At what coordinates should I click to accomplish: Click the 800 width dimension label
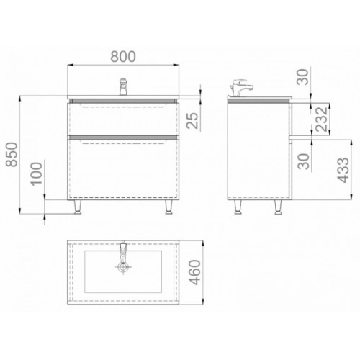point(123,57)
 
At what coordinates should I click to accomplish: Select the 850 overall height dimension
point(12,155)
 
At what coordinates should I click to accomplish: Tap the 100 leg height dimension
point(37,174)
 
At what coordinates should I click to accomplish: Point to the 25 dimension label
point(194,121)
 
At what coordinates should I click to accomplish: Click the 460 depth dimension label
point(194,272)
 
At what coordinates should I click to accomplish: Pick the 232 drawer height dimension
point(322,120)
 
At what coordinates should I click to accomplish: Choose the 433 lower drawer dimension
point(343,170)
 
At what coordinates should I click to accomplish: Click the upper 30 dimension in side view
point(302,77)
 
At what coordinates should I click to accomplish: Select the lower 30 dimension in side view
point(303,161)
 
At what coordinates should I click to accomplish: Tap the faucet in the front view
point(123,86)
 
